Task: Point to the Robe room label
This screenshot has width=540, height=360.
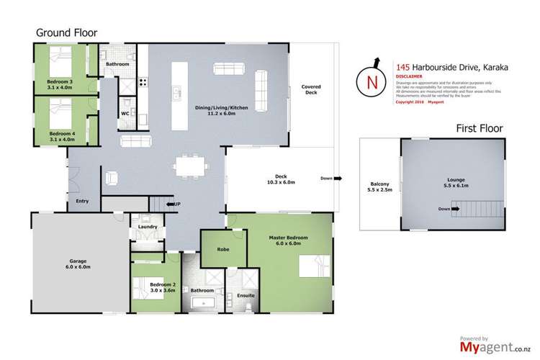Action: pos(213,249)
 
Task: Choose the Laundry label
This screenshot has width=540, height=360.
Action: pos(143,230)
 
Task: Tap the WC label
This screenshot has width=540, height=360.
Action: pos(125,113)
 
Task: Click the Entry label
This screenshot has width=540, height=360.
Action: pos(82,201)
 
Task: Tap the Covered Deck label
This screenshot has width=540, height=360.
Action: pos(310,90)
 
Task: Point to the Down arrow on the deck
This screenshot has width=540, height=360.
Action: pos(329,178)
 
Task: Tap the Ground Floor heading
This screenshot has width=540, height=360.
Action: pos(64,33)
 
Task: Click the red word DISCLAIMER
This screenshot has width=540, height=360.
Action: pos(409,74)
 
